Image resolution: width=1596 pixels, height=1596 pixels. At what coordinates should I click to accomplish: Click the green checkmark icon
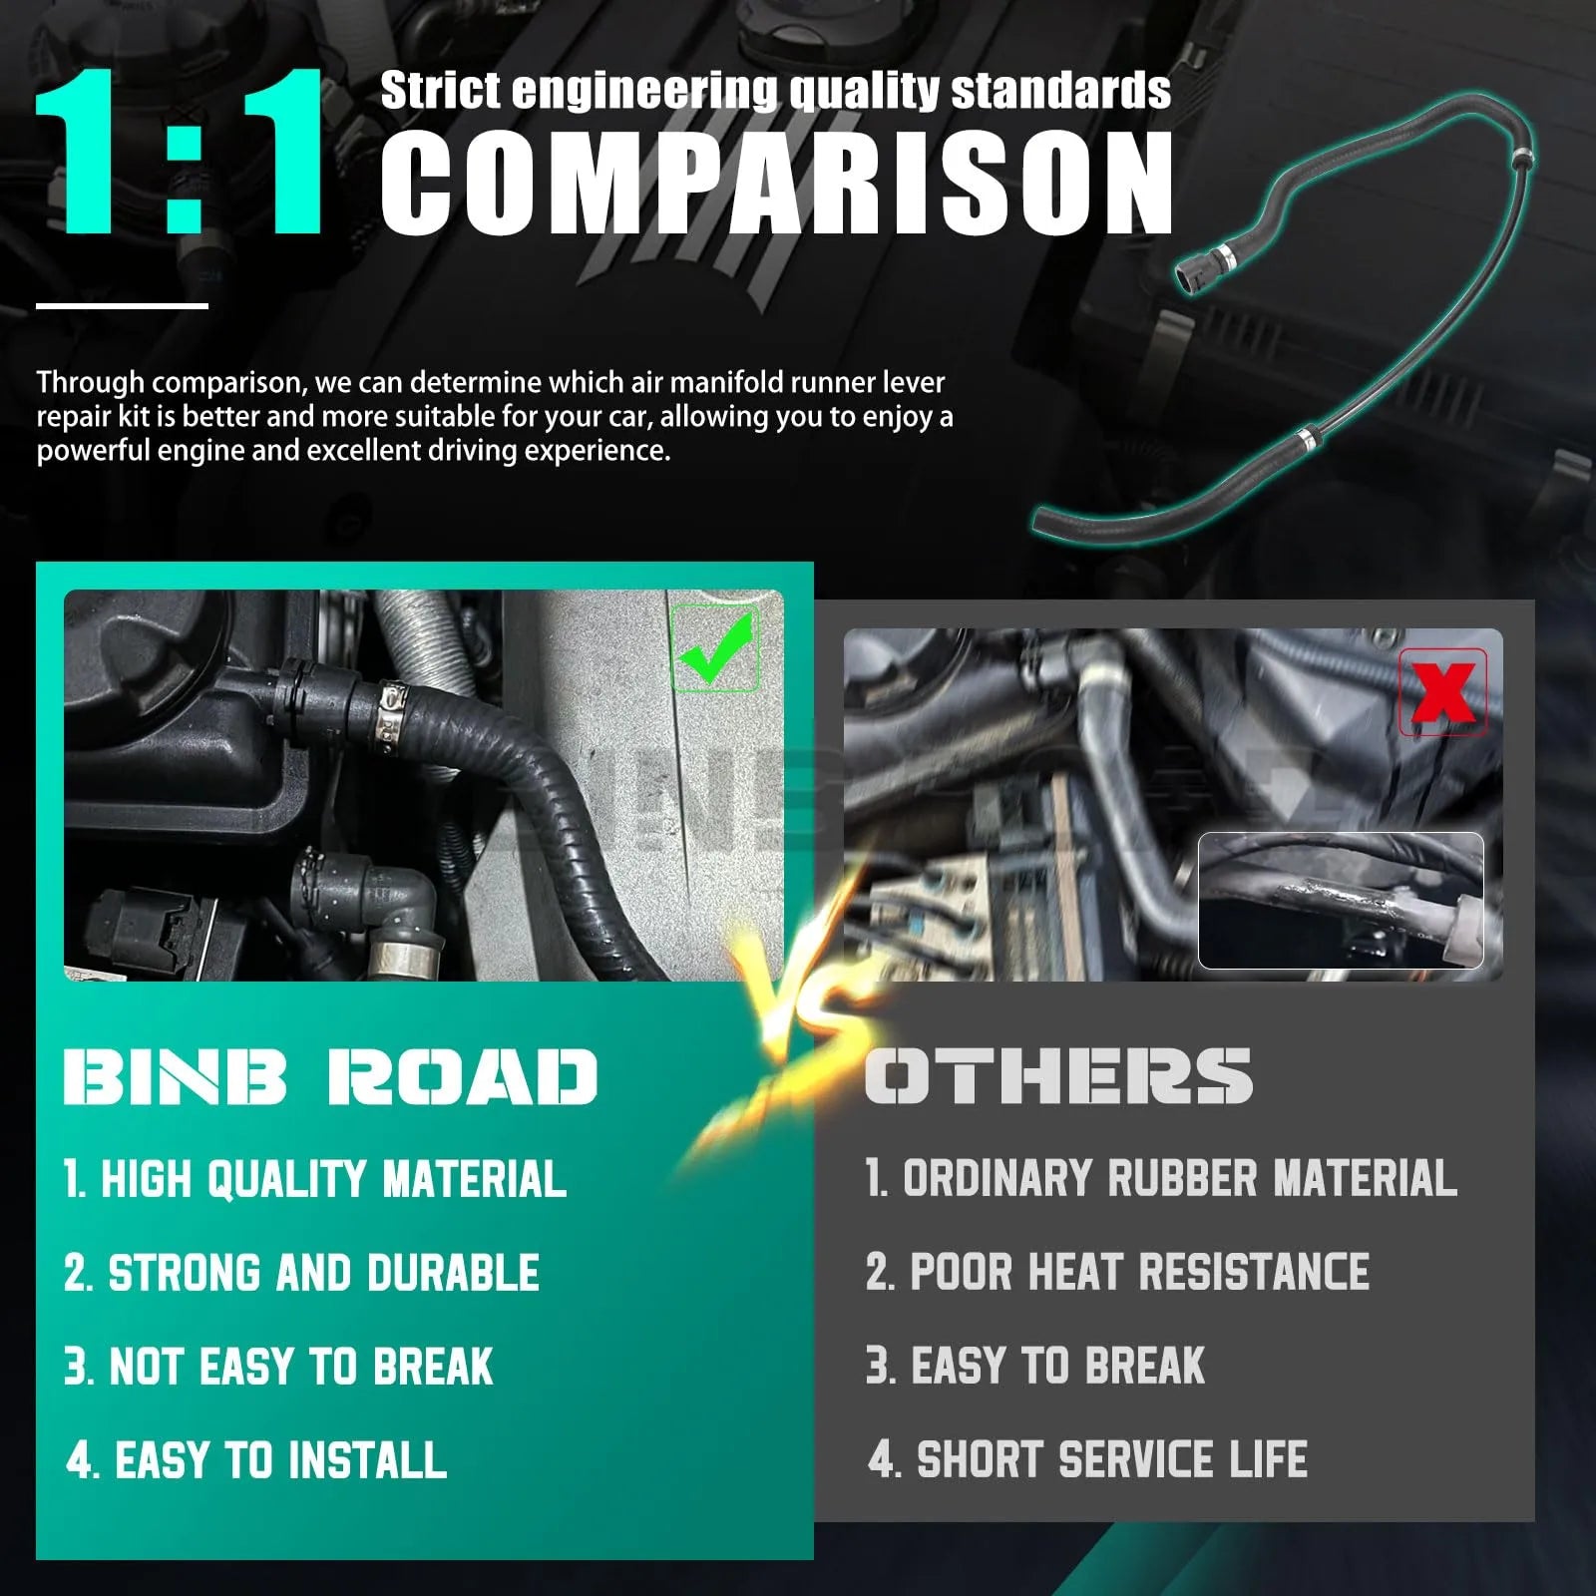coord(714,648)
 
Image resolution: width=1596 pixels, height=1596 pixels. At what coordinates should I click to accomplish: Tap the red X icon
coord(1443,692)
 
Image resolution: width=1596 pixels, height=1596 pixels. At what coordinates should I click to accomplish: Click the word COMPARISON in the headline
coord(776,185)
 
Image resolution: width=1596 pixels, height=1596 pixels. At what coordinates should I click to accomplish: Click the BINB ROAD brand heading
coord(330,1077)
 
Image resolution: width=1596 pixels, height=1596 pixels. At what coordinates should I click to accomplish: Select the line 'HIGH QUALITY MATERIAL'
coord(314,1178)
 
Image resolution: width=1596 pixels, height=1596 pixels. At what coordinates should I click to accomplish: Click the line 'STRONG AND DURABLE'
coord(301,1273)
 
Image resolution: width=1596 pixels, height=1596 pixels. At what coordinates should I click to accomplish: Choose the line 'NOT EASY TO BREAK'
coord(278,1367)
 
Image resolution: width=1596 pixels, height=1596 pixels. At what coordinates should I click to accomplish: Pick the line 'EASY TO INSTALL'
coord(256,1460)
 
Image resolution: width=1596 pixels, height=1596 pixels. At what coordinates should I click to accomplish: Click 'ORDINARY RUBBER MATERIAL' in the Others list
coord(1161,1178)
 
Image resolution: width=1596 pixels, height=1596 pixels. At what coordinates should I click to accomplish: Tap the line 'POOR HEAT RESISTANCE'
coord(1117,1272)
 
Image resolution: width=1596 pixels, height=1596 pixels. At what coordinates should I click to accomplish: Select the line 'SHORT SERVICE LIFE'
coord(1087,1459)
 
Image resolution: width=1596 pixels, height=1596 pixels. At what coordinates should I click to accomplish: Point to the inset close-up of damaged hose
coord(1341,901)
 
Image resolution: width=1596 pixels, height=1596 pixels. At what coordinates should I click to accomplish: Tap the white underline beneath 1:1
coord(122,306)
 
